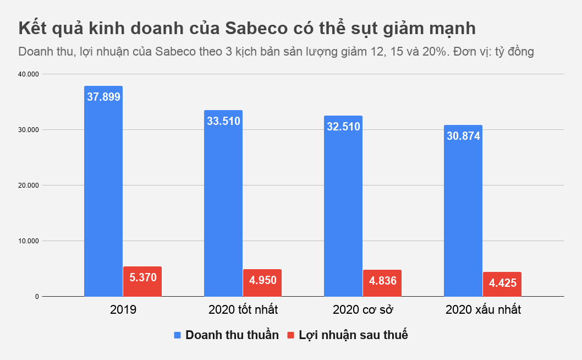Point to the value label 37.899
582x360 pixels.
point(103,97)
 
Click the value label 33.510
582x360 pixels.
point(223,121)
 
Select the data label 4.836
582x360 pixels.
point(382,280)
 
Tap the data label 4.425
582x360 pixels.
point(502,283)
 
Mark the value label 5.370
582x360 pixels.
point(142,277)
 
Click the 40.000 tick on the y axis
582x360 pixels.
point(29,74)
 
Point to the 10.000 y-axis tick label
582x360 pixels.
point(29,241)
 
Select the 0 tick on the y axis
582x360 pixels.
point(37,297)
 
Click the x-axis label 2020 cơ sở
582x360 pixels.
point(363,310)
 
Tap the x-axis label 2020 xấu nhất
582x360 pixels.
point(483,310)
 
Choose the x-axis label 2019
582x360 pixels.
point(123,310)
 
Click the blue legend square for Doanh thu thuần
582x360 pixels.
point(177,335)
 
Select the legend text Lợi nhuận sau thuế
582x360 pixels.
point(353,335)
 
